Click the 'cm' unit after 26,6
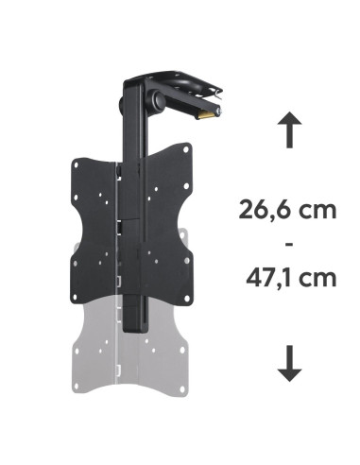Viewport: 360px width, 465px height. pos(318,210)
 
